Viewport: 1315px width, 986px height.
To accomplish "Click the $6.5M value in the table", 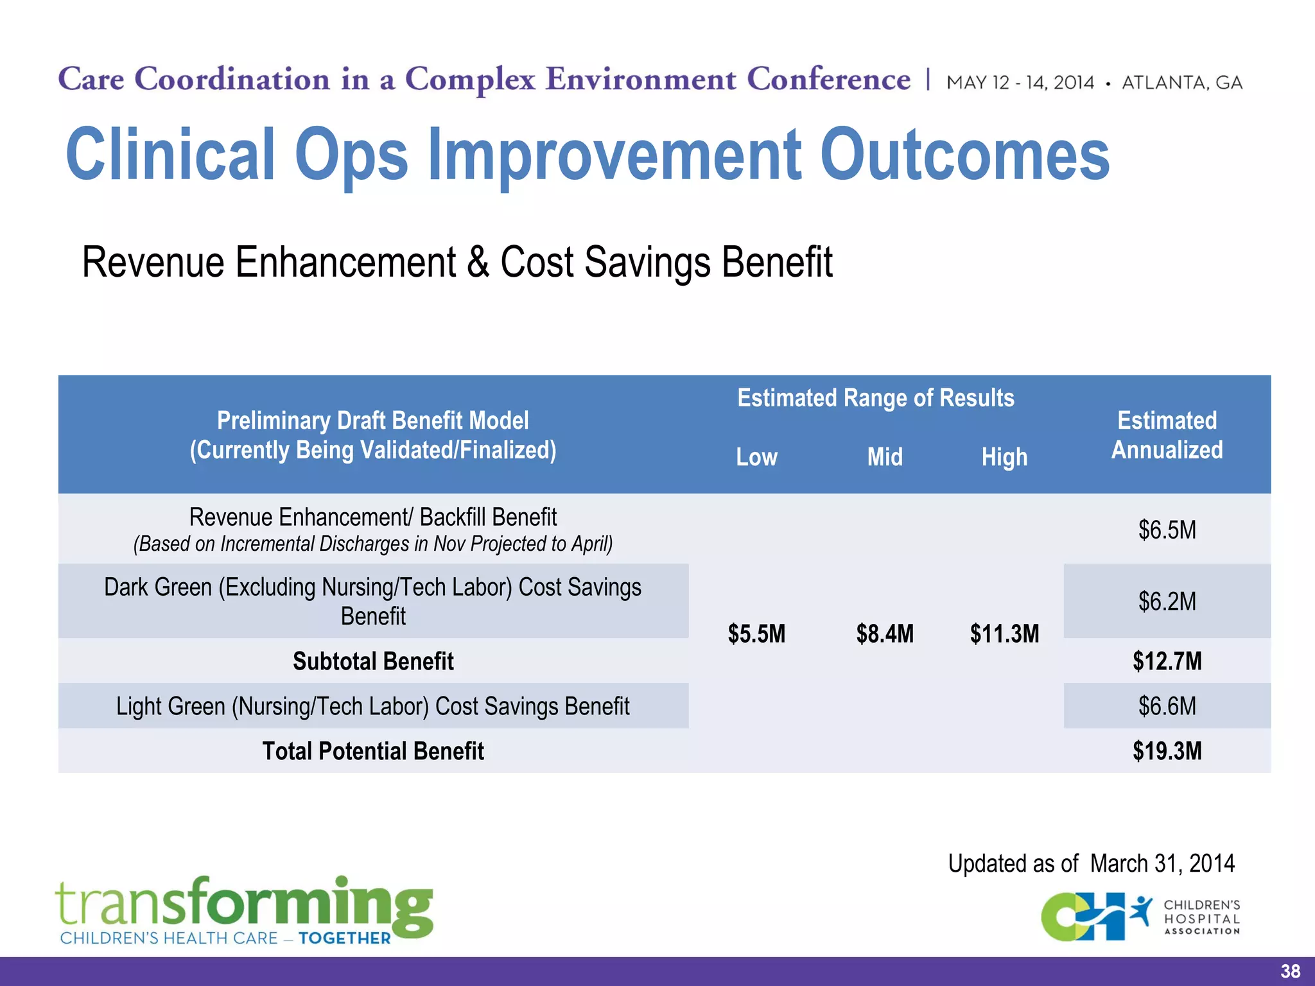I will tap(1167, 530).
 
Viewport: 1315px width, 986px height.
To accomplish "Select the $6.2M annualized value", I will tap(1167, 601).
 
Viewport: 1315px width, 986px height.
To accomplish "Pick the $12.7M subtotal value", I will tap(1167, 661).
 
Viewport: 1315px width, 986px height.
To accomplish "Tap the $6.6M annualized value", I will tap(1167, 706).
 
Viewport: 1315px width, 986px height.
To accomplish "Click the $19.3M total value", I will tap(1167, 751).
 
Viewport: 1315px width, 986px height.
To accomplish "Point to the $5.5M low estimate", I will tap(756, 634).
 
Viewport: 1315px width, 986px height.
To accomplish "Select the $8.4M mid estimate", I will tap(885, 634).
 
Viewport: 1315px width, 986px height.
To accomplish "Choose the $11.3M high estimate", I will tap(1004, 634).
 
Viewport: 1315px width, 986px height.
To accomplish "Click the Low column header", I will tap(756, 457).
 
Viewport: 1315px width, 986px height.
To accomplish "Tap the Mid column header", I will tap(885, 457).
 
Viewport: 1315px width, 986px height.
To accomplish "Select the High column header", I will tap(1004, 457).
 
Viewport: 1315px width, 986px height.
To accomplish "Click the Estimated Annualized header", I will tap(1167, 435).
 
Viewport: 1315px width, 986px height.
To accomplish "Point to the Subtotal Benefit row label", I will tap(373, 661).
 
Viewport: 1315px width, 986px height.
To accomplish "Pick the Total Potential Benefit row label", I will tap(373, 751).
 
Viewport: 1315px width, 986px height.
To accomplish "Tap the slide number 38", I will tap(1290, 971).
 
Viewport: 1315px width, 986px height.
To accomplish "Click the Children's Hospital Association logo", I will tap(1140, 917).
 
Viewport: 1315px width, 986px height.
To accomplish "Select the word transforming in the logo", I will tap(244, 904).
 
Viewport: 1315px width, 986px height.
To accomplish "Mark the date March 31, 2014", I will tap(1162, 863).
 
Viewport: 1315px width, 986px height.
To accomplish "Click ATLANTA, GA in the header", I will tap(1181, 83).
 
